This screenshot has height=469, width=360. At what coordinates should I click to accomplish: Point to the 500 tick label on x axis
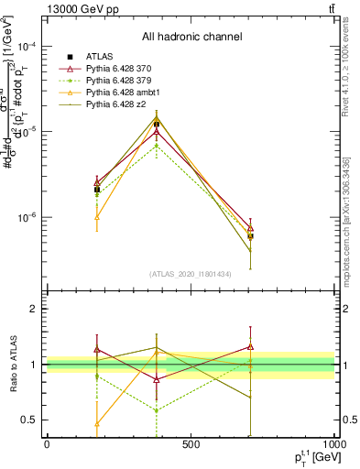[191, 443]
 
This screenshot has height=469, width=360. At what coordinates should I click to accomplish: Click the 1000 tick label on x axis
[334, 443]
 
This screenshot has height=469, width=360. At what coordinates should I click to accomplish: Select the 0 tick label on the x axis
[47, 443]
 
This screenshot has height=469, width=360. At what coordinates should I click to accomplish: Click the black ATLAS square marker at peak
[157, 124]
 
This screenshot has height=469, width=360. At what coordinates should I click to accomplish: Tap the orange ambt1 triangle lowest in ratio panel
[97, 423]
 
